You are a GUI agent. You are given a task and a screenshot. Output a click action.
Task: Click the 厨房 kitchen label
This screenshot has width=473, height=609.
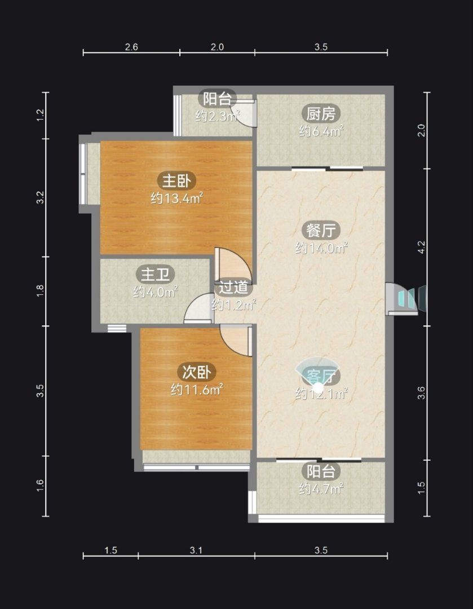pos(321,114)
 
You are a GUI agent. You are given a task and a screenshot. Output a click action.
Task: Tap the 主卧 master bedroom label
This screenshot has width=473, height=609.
pos(176,181)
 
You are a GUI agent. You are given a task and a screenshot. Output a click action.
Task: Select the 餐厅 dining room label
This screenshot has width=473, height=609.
pos(321,230)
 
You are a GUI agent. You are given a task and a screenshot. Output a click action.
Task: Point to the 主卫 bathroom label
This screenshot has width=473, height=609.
pos(156,274)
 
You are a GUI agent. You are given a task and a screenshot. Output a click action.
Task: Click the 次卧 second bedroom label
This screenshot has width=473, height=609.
pos(197,372)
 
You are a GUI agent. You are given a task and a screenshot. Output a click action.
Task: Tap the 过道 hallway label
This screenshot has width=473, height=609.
pos(233,287)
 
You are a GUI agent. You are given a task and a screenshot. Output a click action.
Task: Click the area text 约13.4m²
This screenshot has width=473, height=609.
pos(176,198)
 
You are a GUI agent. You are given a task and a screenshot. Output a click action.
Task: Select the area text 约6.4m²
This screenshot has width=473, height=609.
pos(321,131)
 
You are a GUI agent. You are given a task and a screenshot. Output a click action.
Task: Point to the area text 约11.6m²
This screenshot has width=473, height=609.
pos(197,389)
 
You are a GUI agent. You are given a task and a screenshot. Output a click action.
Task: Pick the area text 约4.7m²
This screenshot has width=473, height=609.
pos(321,488)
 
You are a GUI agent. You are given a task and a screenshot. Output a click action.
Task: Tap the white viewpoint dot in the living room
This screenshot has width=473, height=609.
pos(319,387)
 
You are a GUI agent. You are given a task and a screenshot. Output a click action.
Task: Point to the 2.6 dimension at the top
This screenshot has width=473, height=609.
pos(131,47)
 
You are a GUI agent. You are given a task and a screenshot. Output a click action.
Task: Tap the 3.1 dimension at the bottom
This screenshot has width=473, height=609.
pos(196,550)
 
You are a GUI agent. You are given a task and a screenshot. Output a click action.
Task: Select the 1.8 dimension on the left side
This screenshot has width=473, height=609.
pos(40,291)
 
